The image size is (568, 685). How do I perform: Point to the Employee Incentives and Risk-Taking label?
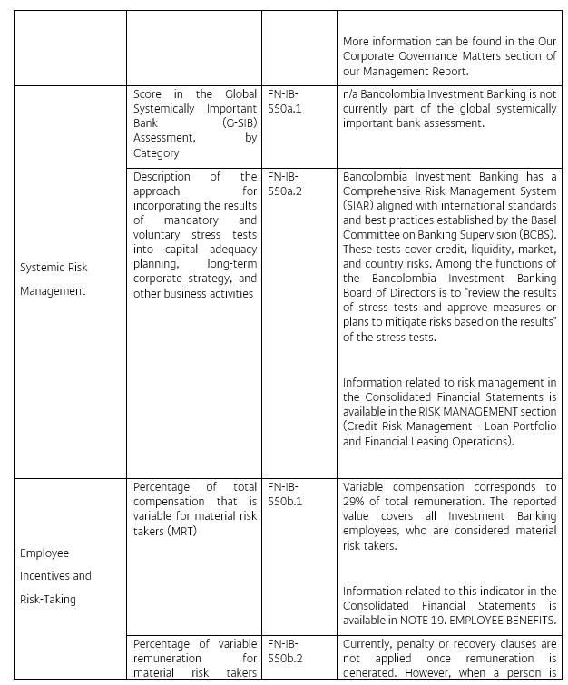pyautogui.click(x=56, y=576)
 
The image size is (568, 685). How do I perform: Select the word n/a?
pyautogui.click(x=352, y=94)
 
